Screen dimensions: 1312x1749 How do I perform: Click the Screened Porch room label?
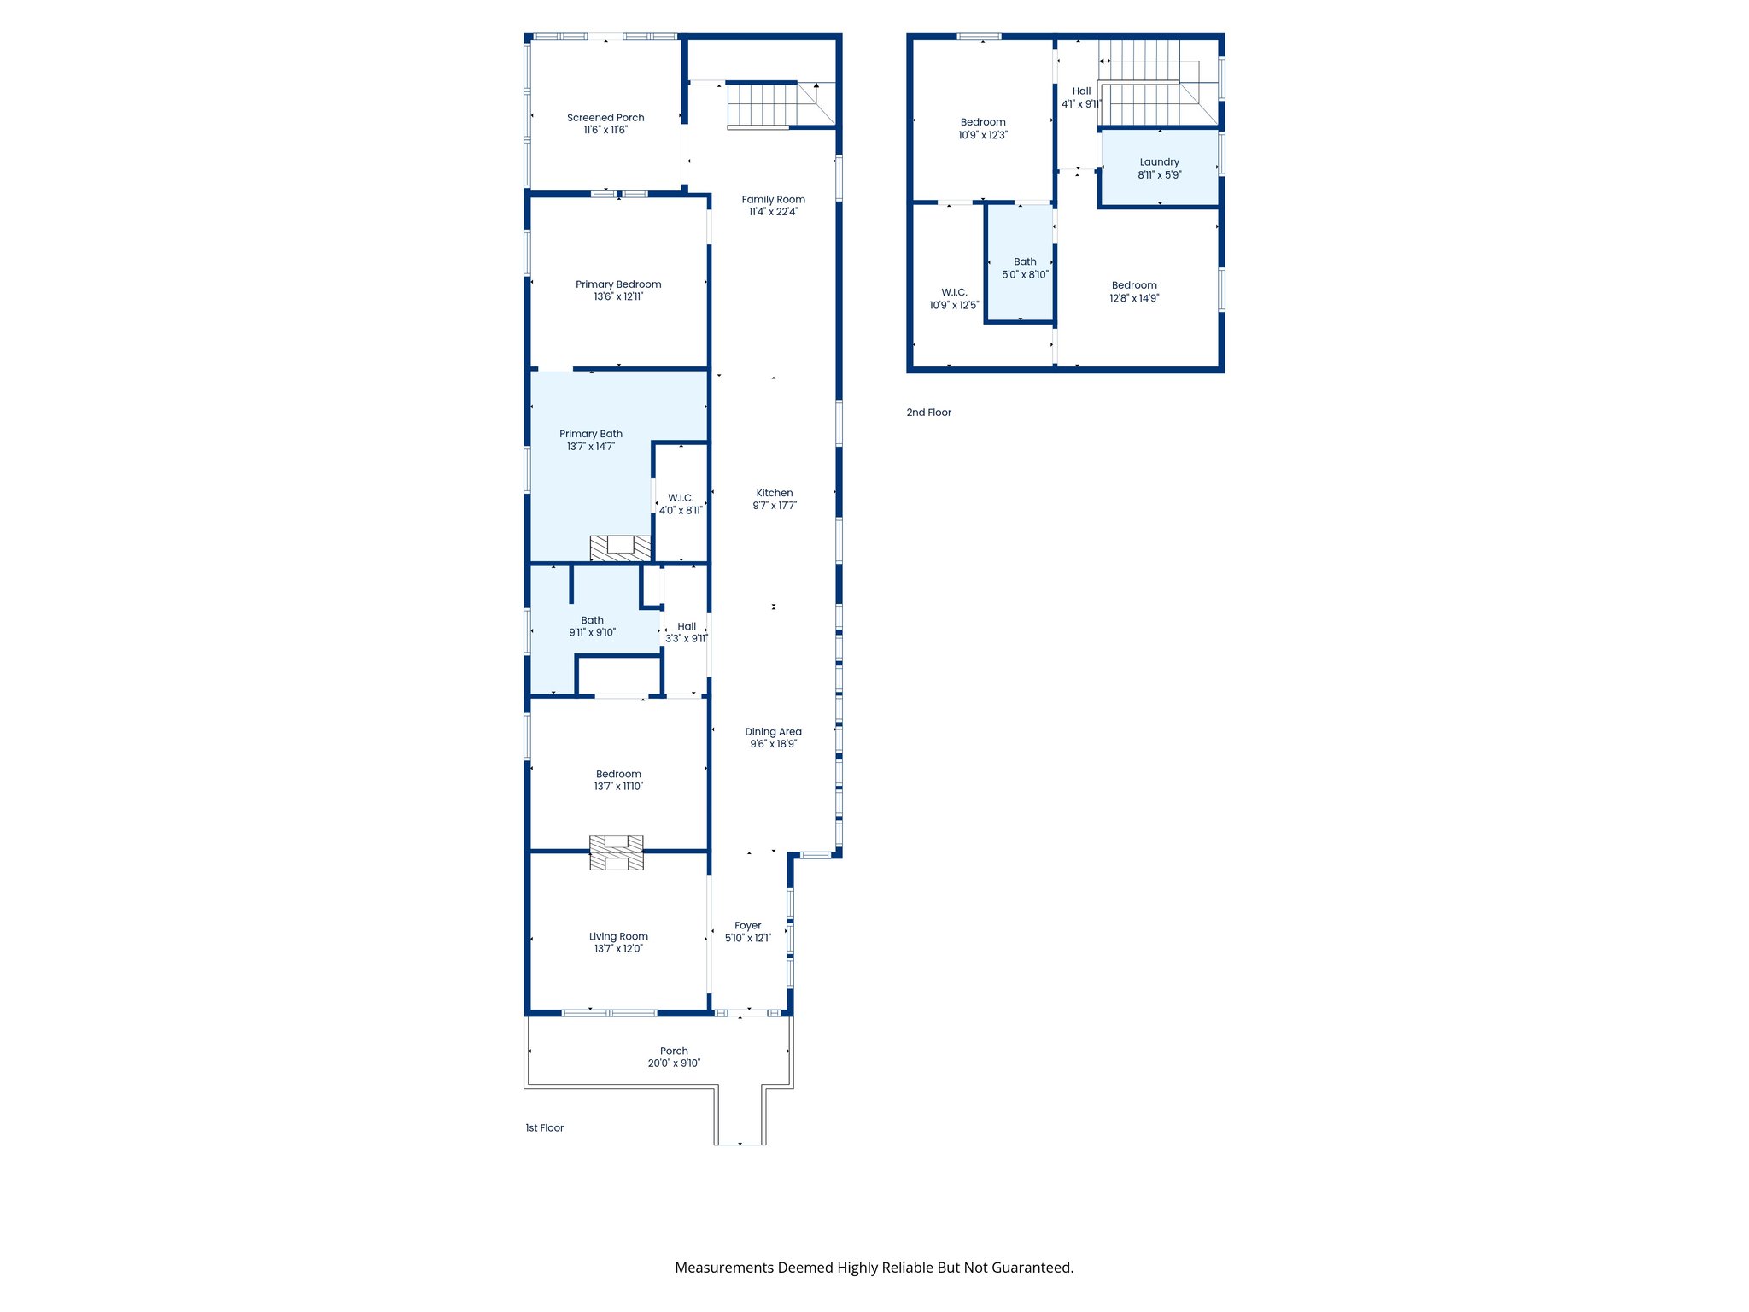pyautogui.click(x=605, y=118)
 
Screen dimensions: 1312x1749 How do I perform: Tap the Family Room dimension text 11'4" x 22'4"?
pyautogui.click(x=773, y=212)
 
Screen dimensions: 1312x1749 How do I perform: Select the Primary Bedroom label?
pyautogui.click(x=618, y=284)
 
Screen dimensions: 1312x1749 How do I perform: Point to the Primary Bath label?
pyautogui.click(x=591, y=434)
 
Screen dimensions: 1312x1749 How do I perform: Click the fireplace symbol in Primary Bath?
pyautogui.click(x=621, y=548)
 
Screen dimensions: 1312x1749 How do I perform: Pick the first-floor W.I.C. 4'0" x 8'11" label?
pyautogui.click(x=681, y=504)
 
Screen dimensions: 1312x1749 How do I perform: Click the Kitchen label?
pyautogui.click(x=775, y=493)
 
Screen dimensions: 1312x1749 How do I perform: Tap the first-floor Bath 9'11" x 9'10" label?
pyautogui.click(x=592, y=626)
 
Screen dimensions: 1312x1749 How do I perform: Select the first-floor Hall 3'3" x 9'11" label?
pyautogui.click(x=687, y=632)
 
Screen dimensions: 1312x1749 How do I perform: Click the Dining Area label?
pyautogui.click(x=773, y=732)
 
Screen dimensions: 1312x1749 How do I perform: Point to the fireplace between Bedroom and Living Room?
pyautogui.click(x=617, y=852)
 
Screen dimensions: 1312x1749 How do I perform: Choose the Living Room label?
pyautogui.click(x=618, y=936)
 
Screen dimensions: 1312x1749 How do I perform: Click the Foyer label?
pyautogui.click(x=748, y=926)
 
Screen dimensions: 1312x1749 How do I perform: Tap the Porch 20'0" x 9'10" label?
pyautogui.click(x=674, y=1057)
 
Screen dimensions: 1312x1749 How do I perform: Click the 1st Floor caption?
pyautogui.click(x=545, y=1128)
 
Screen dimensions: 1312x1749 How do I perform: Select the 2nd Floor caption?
pyautogui.click(x=929, y=413)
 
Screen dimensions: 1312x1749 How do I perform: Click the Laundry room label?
pyautogui.click(x=1159, y=162)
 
